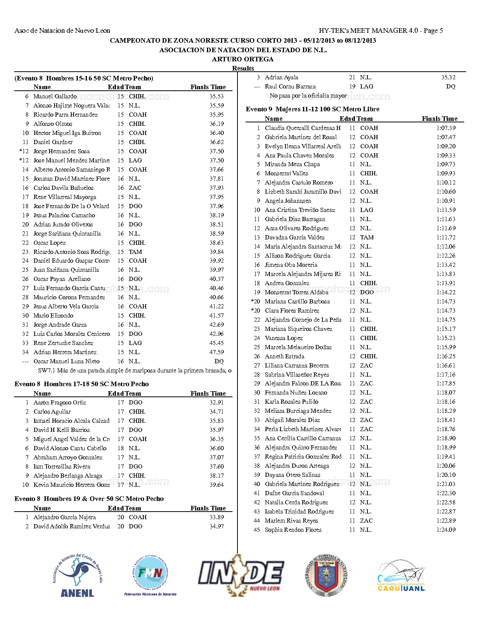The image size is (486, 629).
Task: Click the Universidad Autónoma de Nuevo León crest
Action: (327, 574)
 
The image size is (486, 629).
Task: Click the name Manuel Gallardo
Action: (55, 96)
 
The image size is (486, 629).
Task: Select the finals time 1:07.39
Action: (446, 128)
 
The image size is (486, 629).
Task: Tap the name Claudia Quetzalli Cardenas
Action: (303, 128)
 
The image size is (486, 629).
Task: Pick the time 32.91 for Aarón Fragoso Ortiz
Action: (217, 403)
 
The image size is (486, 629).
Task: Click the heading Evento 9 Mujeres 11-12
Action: (312, 109)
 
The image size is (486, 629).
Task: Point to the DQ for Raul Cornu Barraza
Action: (451, 87)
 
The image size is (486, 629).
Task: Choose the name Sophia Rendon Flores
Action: (293, 530)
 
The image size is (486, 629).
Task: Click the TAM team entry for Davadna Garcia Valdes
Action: (367, 237)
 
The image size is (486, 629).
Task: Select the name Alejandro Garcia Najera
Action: (64, 517)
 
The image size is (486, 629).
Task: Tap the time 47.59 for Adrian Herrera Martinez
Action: (217, 352)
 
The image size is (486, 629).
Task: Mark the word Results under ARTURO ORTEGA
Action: (243, 68)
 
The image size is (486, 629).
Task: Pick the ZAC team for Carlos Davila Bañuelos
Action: (135, 188)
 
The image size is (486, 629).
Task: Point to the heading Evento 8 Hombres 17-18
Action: (82, 384)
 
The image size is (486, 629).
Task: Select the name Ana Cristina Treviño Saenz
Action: (300, 210)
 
